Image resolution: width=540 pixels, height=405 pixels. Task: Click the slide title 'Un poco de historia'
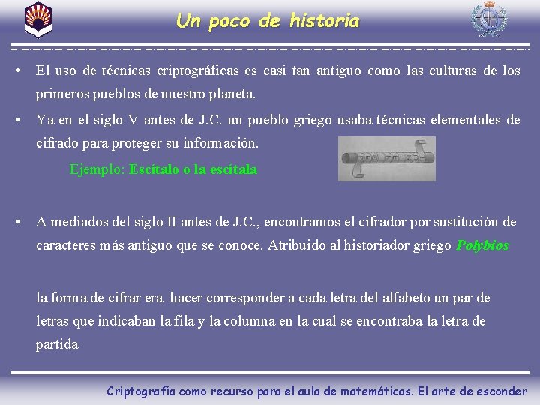[268, 21]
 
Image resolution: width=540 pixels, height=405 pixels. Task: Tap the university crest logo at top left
[38, 19]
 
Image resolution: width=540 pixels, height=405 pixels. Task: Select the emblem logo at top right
[488, 20]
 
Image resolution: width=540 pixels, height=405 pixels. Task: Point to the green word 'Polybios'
[482, 245]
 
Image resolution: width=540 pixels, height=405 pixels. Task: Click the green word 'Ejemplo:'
[97, 169]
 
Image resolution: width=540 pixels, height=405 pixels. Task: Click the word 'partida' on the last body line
[57, 344]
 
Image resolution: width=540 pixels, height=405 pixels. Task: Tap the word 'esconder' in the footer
[500, 391]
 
